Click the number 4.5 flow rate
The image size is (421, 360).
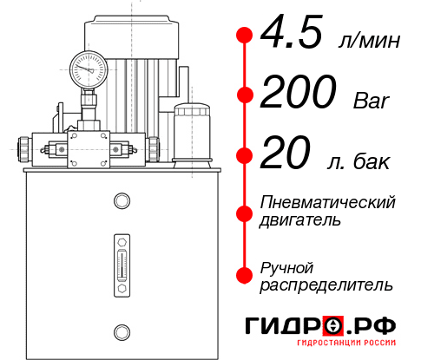(x=293, y=36)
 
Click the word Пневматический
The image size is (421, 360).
(x=328, y=202)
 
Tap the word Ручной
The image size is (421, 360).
(x=286, y=265)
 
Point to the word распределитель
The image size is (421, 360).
(x=326, y=284)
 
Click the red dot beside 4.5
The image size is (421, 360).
(x=244, y=36)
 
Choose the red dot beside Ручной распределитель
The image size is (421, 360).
(x=244, y=274)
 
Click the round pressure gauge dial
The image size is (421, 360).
(x=89, y=67)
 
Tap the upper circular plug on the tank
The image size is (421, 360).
(x=122, y=201)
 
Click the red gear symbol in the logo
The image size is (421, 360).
(x=334, y=326)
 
